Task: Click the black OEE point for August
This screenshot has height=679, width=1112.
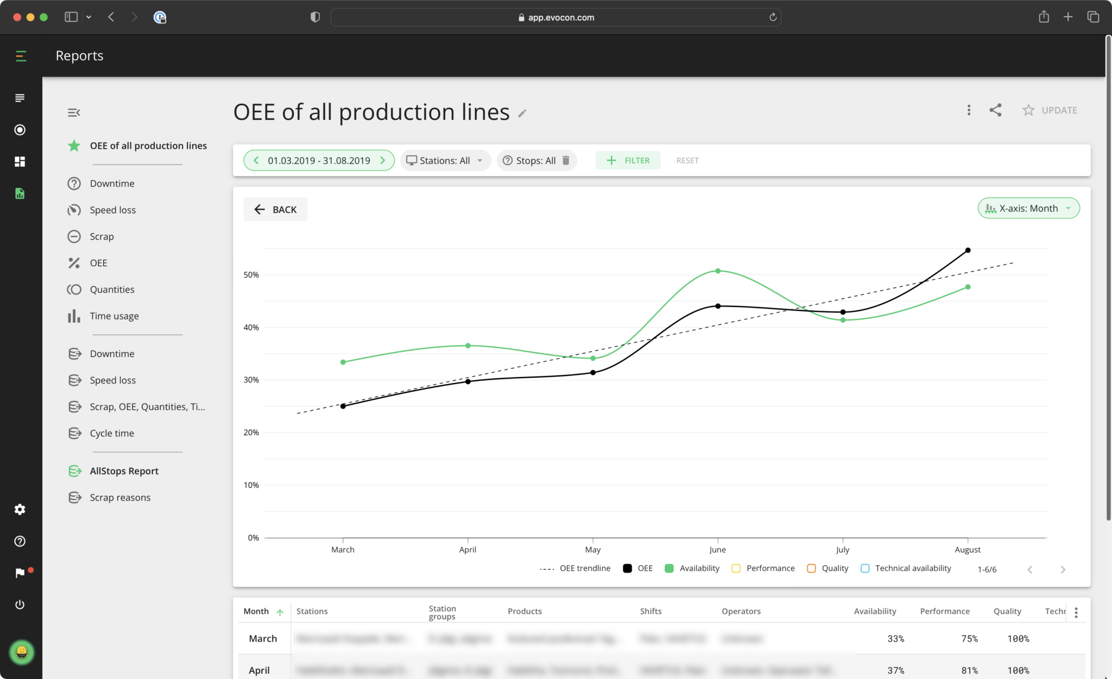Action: point(968,250)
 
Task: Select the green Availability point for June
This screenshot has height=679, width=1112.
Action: point(718,271)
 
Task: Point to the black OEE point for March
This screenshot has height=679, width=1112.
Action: point(343,406)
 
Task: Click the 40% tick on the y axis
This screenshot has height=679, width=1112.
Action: point(251,328)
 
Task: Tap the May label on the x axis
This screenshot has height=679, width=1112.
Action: point(592,550)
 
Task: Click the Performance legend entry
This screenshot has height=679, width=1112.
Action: point(763,568)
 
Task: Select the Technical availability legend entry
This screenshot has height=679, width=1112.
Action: point(906,568)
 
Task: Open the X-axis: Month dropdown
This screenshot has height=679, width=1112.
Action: point(1028,209)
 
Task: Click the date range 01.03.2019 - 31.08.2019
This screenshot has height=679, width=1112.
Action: point(319,161)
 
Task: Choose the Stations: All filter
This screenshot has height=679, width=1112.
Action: point(445,161)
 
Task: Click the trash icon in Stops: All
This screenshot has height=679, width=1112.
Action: point(566,160)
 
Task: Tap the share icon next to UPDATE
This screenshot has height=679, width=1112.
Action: point(995,110)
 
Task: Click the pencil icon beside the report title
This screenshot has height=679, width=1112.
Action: point(522,114)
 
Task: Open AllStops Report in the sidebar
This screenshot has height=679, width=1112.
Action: point(124,471)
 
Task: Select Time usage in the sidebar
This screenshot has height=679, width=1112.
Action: point(114,316)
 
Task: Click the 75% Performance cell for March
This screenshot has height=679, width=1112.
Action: point(969,639)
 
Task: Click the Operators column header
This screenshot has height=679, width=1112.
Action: point(741,611)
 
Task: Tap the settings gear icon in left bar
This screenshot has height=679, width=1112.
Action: point(20,509)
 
